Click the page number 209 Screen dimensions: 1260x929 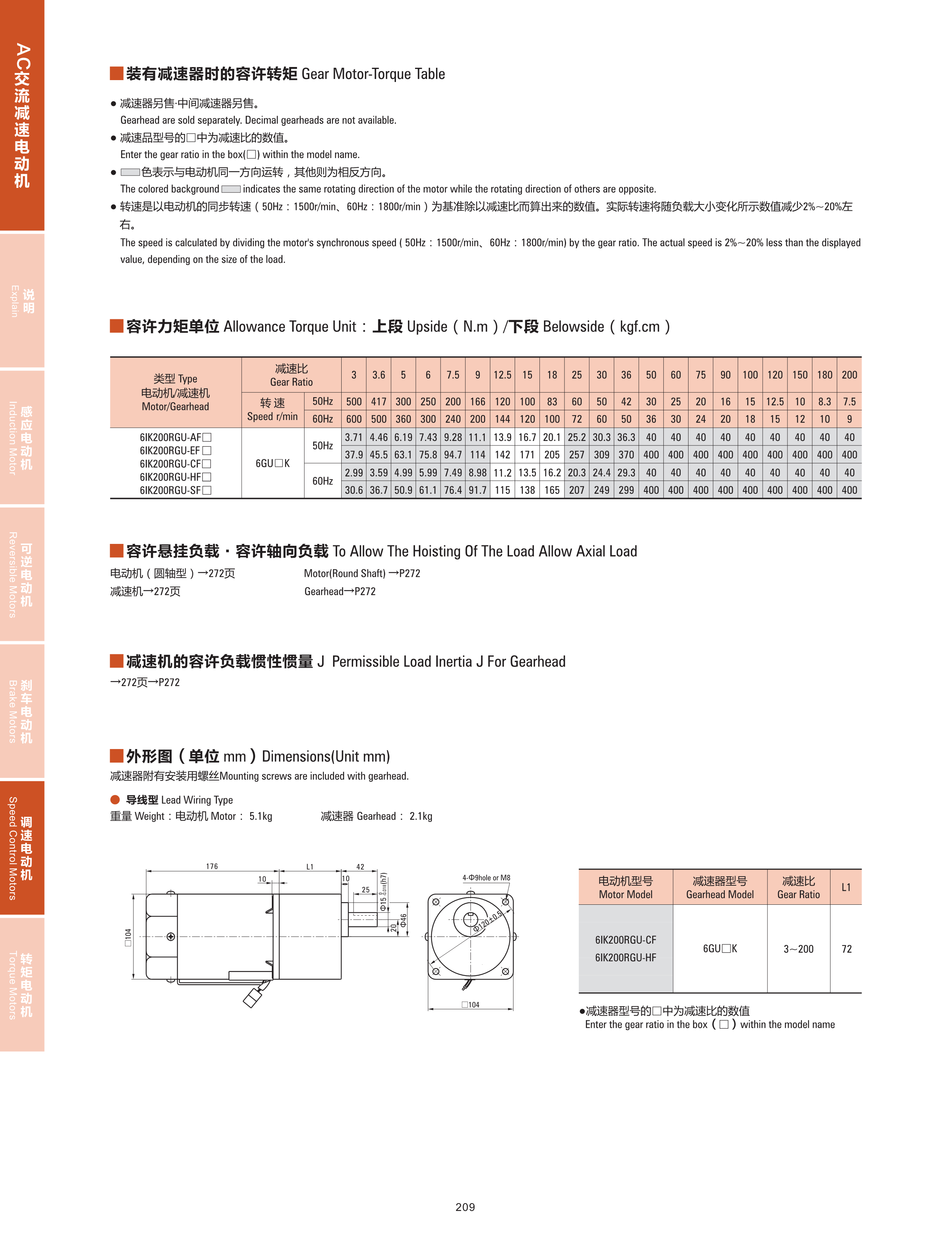coord(465,1206)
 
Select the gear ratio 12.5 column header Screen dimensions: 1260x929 coord(502,375)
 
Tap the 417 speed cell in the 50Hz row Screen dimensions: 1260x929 coord(378,402)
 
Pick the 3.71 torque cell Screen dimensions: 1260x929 coord(354,437)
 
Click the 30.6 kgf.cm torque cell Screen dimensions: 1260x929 coord(354,490)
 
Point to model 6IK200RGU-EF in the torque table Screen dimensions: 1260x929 coord(175,451)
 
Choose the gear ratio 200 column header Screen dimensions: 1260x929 coord(849,375)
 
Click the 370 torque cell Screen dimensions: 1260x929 coord(626,455)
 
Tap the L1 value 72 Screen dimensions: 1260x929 coord(846,949)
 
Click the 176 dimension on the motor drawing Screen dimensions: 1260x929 coord(212,866)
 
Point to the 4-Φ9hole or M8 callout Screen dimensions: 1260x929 coord(487,877)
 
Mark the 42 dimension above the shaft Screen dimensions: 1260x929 coord(360,867)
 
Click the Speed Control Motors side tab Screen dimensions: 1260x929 coord(21,848)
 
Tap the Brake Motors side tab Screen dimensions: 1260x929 coord(21,711)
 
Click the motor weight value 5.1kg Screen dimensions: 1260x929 coord(260,816)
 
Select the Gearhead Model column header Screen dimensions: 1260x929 coord(720,888)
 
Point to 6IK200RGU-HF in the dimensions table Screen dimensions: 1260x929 coord(625,958)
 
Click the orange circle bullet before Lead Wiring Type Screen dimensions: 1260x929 coord(115,800)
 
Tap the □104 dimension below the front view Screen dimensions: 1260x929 coord(471,1004)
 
